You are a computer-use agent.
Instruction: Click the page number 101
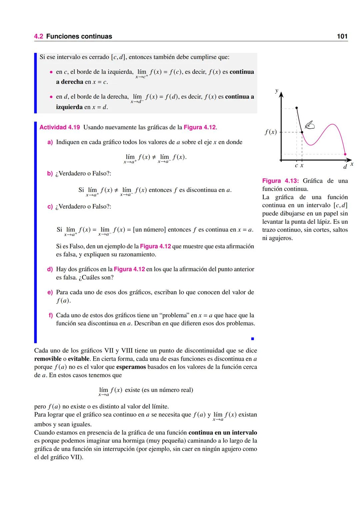point(342,36)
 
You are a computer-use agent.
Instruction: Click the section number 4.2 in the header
point(39,36)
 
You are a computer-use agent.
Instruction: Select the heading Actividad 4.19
point(60,127)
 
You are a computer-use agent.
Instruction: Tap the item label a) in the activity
point(50,142)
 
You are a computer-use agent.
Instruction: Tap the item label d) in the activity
point(50,269)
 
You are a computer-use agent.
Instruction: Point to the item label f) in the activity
point(51,315)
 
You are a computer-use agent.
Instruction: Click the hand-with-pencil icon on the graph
point(310,125)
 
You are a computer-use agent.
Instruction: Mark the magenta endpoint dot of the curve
point(345,154)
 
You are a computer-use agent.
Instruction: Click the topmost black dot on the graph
point(297,108)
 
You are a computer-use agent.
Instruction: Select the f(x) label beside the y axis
point(271,132)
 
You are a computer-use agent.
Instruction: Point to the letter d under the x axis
point(345,166)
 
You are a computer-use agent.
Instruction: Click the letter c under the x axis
point(296,166)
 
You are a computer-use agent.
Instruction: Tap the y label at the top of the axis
point(276,91)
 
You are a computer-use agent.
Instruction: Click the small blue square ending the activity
point(252,339)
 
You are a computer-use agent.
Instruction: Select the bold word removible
point(48,359)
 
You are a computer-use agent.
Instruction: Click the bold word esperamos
point(131,367)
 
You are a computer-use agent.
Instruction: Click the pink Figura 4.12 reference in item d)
point(129,269)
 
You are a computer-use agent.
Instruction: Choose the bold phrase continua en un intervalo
point(223,433)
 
